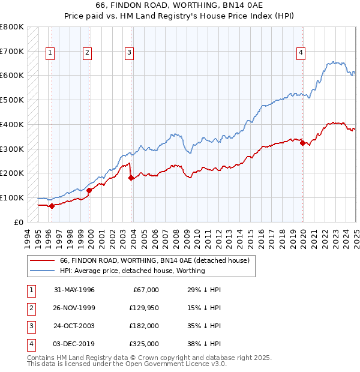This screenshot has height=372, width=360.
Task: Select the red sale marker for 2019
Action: pos(303,143)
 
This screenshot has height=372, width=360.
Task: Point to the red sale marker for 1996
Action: pos(52,206)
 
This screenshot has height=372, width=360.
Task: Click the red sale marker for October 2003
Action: pos(131,177)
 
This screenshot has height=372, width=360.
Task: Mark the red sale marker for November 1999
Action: pos(89,190)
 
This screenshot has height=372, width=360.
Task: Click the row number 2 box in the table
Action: pos(29,308)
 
